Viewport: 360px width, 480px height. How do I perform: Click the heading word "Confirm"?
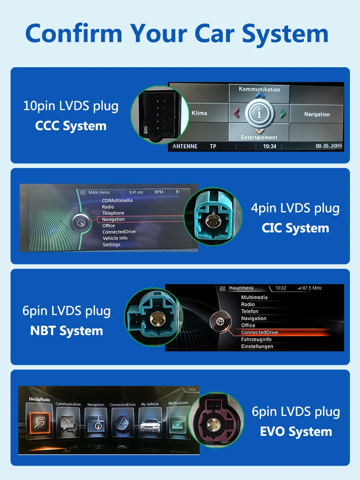click(x=72, y=34)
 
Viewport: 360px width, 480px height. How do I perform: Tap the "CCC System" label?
click(x=71, y=126)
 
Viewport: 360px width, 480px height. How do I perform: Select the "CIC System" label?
click(x=295, y=228)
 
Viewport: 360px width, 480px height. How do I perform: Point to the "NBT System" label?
click(x=67, y=331)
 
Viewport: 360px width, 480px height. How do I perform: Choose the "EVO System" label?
click(x=296, y=431)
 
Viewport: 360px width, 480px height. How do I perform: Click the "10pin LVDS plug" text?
click(x=71, y=106)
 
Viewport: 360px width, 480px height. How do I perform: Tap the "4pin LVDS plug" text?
click(x=295, y=208)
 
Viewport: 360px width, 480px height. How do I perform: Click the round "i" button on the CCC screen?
click(x=259, y=114)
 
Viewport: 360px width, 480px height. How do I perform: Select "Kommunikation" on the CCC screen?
click(x=259, y=89)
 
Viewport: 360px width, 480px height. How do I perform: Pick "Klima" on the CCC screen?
click(x=199, y=113)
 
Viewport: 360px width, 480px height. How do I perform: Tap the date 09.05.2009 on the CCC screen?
click(x=329, y=146)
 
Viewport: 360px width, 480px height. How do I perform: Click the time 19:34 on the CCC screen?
click(x=269, y=146)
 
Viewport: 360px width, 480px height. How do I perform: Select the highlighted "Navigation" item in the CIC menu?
click(x=113, y=219)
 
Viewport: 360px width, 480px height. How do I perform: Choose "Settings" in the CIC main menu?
click(x=111, y=245)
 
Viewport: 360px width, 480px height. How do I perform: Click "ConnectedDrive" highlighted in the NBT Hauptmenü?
click(x=260, y=332)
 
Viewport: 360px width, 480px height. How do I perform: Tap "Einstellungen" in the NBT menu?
click(x=257, y=346)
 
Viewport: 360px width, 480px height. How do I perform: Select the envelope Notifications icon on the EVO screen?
click(x=178, y=422)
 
